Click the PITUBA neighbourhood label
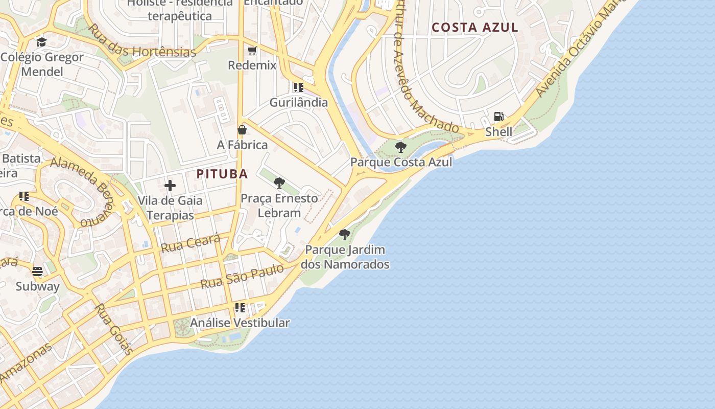[x=222, y=174]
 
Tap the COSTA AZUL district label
[x=475, y=28]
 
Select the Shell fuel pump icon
[x=499, y=117]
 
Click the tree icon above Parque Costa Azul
[x=401, y=147]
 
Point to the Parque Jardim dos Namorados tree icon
[x=345, y=235]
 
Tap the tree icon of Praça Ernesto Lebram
[x=279, y=183]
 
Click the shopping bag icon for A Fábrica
[x=242, y=130]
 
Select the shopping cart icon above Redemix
[x=252, y=50]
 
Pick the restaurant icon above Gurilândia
[x=299, y=87]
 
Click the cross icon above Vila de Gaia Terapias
[x=170, y=186]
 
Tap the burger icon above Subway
[x=37, y=271]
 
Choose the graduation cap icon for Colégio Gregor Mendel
[x=41, y=42]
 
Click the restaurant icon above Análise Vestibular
[x=240, y=308]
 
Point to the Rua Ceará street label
[x=190, y=243]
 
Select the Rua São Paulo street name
[x=242, y=276]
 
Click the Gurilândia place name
[x=299, y=102]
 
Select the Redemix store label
[x=252, y=65]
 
